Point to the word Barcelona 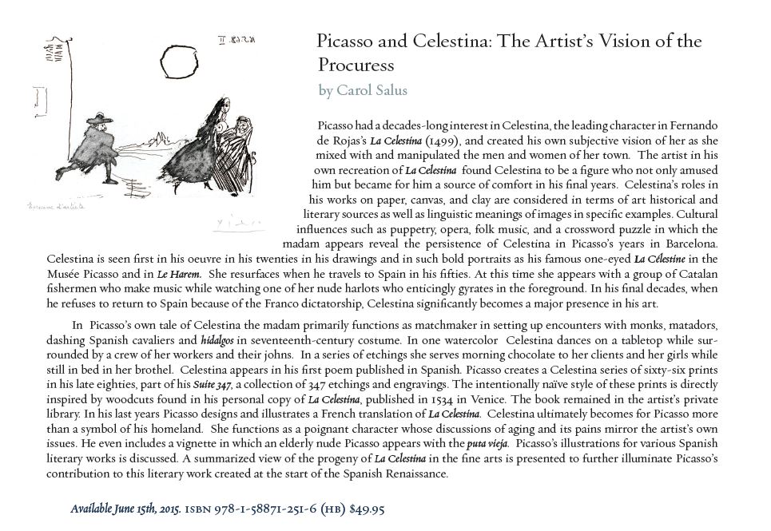coord(693,244)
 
